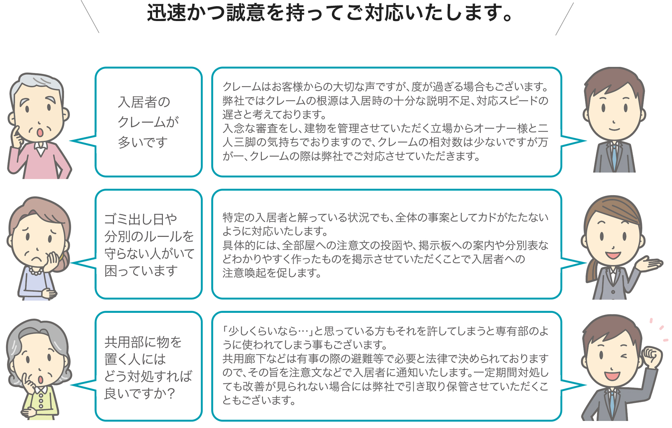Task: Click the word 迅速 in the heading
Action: [166, 13]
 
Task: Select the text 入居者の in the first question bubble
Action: [144, 102]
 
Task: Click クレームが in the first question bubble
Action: [148, 122]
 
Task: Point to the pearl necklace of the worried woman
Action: [35, 272]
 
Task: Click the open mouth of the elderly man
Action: [40, 132]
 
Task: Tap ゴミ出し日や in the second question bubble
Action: [141, 219]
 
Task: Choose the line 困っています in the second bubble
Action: [141, 271]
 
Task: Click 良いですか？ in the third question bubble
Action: [139, 393]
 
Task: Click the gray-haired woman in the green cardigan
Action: [39, 369]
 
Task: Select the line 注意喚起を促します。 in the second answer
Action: [272, 273]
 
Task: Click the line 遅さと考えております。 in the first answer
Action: [275, 114]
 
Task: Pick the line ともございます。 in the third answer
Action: [259, 400]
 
